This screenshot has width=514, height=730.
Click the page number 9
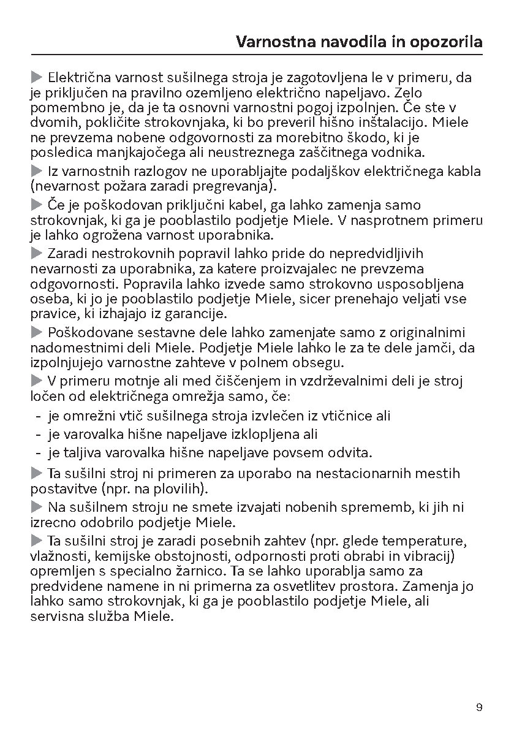[x=479, y=707]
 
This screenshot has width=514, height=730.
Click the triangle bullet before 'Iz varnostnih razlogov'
[x=36, y=172]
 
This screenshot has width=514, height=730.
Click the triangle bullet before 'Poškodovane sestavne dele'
[x=36, y=333]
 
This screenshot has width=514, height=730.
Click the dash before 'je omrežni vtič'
[x=38, y=416]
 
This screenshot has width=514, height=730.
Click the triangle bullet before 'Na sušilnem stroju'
[x=36, y=507]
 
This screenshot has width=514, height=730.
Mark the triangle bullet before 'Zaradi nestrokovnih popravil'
[x=36, y=253]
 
